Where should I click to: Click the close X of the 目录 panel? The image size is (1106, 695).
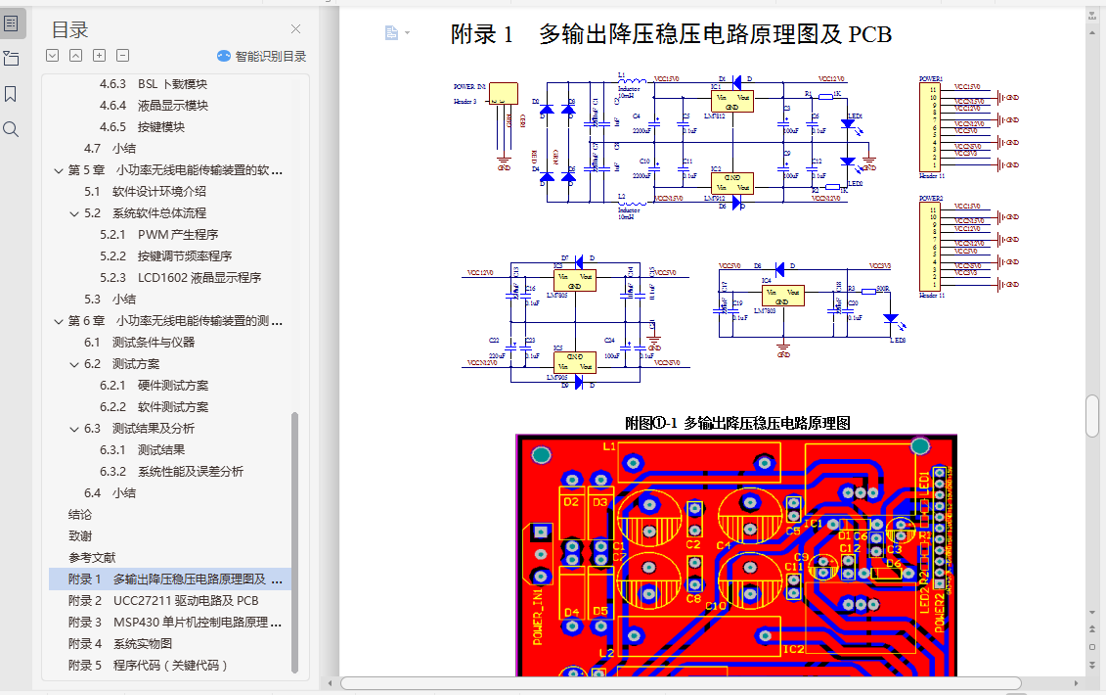coord(296,29)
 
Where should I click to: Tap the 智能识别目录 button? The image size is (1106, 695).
coord(261,56)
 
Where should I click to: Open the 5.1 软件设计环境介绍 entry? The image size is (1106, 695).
coord(159,192)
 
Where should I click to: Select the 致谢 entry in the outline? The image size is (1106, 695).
coord(80,536)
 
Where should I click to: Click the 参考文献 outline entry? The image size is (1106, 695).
coord(92,558)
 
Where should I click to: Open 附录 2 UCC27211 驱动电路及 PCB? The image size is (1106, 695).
coord(163,601)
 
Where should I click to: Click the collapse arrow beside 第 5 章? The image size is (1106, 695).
coord(59,170)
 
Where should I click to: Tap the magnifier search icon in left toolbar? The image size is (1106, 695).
coord(11,129)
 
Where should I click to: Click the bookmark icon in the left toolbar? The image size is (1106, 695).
coord(11,94)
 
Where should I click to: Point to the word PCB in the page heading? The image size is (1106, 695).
coord(870,35)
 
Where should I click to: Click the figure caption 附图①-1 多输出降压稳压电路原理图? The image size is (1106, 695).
coord(737,423)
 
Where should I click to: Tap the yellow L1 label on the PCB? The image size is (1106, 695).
coord(609,446)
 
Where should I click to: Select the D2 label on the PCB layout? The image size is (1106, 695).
coord(572,502)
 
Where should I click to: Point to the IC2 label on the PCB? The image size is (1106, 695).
coord(793,649)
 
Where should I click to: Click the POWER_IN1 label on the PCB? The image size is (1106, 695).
coord(539,616)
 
